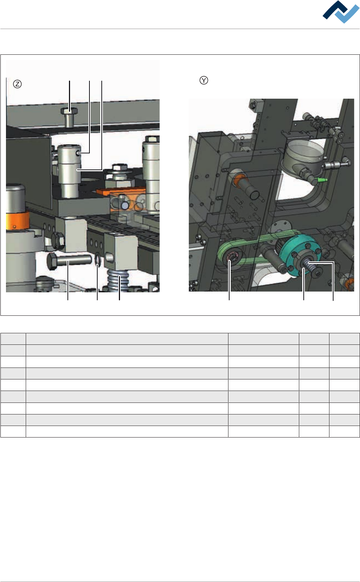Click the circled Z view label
[18, 84]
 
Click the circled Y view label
[204, 80]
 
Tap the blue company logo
[341, 12]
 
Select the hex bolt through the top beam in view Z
[69, 117]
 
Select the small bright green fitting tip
[323, 180]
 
